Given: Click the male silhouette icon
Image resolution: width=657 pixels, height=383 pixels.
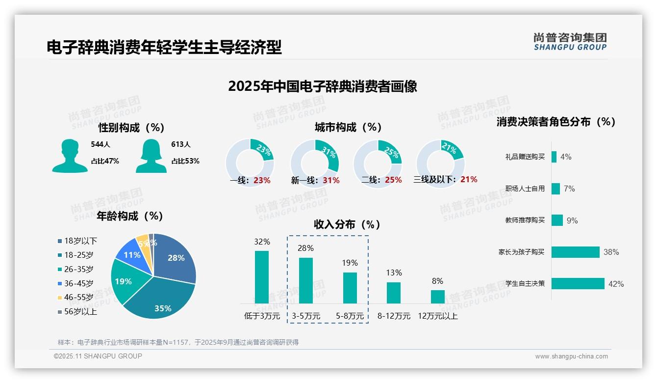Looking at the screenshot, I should pyautogui.click(x=70, y=156).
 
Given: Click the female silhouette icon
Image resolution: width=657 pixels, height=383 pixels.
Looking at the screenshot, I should pyautogui.click(x=151, y=156).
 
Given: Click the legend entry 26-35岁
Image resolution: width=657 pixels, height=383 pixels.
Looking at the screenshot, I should pyautogui.click(x=76, y=269).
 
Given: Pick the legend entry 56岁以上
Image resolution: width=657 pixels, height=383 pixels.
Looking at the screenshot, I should pyautogui.click(x=77, y=311).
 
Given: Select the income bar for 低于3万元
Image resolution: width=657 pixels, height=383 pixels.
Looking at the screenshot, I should pyautogui.click(x=262, y=277).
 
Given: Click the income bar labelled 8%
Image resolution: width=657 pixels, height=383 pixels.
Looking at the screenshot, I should pyautogui.click(x=438, y=297).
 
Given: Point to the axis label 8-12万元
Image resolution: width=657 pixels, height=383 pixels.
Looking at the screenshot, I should pyautogui.click(x=394, y=316).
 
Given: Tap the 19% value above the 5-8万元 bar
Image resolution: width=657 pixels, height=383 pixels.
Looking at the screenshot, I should pyautogui.click(x=350, y=263).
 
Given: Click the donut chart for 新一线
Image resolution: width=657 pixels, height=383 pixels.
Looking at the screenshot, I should pyautogui.click(x=315, y=163).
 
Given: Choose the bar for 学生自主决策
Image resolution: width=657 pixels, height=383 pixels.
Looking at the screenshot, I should pyautogui.click(x=578, y=284).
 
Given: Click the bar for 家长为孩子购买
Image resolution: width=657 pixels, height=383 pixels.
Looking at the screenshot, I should pyautogui.click(x=576, y=252).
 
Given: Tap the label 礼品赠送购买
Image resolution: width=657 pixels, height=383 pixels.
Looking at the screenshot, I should pyautogui.click(x=525, y=157).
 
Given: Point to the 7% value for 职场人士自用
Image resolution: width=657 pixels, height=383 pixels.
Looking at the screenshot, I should pyautogui.click(x=569, y=189).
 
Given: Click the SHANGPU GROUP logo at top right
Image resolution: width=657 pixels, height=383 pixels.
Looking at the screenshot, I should pyautogui.click(x=570, y=42).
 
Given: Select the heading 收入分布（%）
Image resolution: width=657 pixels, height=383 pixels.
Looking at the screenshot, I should pyautogui.click(x=347, y=225).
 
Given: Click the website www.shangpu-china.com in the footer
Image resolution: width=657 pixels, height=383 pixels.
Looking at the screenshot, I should pyautogui.click(x=571, y=356).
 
